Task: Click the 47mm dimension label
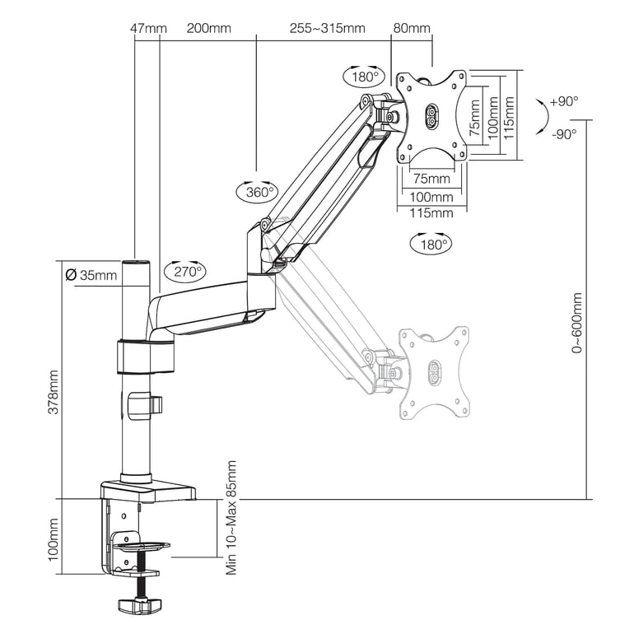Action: [x=148, y=28]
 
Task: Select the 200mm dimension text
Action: [x=208, y=28]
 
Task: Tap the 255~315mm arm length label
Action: [x=327, y=28]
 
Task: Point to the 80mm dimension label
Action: [x=412, y=28]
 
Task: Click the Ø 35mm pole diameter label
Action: [x=91, y=275]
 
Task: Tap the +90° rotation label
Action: [x=564, y=101]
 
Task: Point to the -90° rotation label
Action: [x=564, y=133]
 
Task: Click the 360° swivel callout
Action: [x=258, y=192]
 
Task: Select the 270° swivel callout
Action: [x=185, y=269]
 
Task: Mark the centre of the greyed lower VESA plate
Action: [x=434, y=372]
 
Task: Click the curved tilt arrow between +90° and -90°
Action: [x=538, y=117]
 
